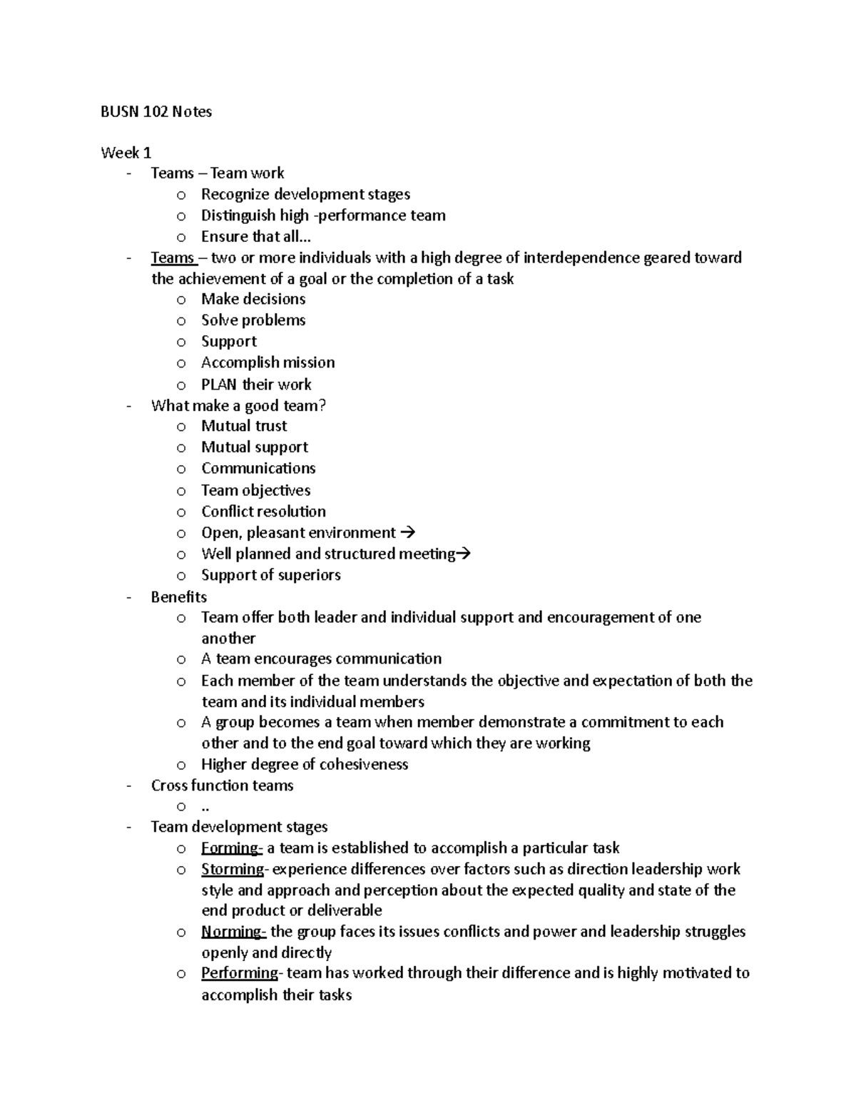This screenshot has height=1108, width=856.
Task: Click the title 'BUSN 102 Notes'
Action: (x=156, y=111)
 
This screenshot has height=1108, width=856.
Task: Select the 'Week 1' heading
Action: (x=126, y=152)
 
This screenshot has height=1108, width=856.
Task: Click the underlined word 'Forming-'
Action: (x=233, y=848)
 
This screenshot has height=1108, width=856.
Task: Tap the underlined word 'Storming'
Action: (x=233, y=869)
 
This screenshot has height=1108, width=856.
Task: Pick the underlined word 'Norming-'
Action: (x=234, y=931)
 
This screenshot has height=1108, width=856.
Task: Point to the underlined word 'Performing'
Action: (x=240, y=973)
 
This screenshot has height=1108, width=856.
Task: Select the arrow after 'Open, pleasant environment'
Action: (x=408, y=532)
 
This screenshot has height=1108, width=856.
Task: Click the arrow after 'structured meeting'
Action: (x=464, y=554)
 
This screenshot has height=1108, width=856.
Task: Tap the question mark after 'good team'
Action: (x=322, y=405)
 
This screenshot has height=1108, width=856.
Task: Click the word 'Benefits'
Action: (x=179, y=596)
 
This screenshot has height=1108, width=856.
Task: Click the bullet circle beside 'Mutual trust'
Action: (x=181, y=427)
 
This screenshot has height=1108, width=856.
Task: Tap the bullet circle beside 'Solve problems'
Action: (x=181, y=321)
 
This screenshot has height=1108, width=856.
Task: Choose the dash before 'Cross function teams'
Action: (x=128, y=786)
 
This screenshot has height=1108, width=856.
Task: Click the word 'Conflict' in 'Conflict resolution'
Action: (x=227, y=511)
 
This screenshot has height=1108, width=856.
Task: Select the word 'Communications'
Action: (x=258, y=468)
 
